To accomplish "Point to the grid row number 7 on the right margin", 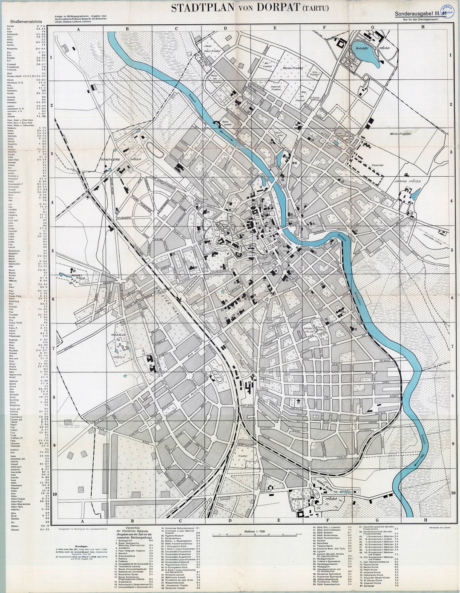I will pos(451,349).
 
